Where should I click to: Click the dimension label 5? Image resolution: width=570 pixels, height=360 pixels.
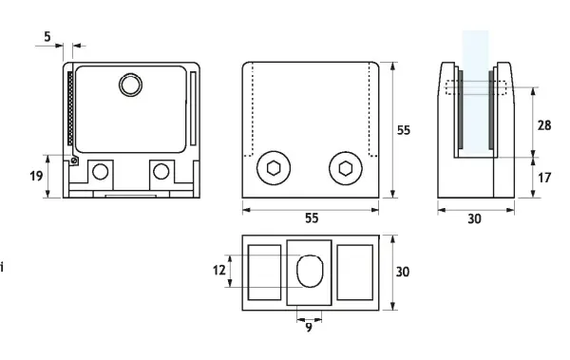[x=47, y=37]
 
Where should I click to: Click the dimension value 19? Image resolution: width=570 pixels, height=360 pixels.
[x=36, y=176]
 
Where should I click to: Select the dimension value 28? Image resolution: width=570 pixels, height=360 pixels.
[x=544, y=125]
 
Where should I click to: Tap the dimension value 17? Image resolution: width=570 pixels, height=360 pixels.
[x=544, y=178]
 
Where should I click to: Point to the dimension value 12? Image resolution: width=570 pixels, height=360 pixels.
[x=218, y=270]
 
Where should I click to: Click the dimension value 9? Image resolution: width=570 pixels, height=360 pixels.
[x=309, y=328]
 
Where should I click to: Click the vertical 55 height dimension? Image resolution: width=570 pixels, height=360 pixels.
[x=404, y=130]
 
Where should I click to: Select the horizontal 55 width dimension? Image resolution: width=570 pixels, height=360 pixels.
[x=312, y=218]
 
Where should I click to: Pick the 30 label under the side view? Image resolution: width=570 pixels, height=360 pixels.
[x=474, y=218]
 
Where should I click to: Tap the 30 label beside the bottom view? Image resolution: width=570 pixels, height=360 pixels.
[x=403, y=272]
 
